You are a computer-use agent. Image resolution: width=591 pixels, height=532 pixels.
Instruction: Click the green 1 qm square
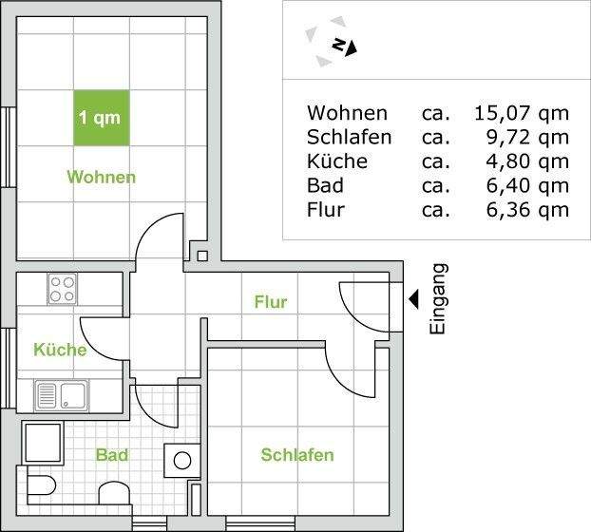coord(101,118)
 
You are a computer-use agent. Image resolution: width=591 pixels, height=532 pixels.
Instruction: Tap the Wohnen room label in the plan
coord(101,177)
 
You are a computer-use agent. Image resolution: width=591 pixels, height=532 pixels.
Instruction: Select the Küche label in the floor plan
coord(60,350)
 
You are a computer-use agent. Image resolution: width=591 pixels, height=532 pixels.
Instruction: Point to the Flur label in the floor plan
coord(270,302)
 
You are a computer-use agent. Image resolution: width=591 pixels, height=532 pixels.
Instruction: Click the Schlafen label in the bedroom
coord(297,455)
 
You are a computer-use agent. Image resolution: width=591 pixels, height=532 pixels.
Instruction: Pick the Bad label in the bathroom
coord(112,455)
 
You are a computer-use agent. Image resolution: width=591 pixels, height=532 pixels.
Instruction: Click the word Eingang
coord(438,298)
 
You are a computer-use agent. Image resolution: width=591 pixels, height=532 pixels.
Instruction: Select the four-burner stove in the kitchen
coord(62,288)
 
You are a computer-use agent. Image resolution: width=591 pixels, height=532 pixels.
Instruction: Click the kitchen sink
coord(60,393)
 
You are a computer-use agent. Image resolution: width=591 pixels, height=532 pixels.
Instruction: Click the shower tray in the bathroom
coord(42,443)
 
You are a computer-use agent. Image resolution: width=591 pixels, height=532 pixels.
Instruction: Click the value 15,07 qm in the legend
coord(521,114)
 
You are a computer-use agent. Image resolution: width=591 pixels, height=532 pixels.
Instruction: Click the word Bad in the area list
coord(325,185)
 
